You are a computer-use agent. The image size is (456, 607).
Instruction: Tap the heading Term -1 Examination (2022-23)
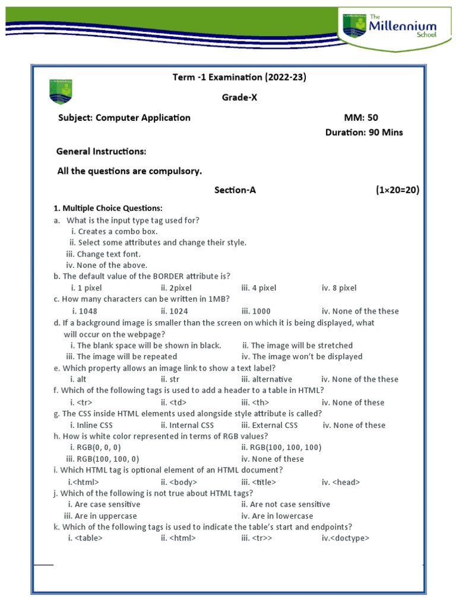(239, 77)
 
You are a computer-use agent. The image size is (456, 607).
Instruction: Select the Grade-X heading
(239, 98)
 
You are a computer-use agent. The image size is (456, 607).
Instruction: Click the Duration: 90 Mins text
(363, 132)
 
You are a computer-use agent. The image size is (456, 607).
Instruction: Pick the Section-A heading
(235, 190)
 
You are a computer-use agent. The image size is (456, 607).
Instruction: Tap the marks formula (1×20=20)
(397, 190)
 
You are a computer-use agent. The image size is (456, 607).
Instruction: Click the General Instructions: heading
(101, 152)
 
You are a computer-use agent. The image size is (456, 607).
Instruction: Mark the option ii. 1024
(175, 311)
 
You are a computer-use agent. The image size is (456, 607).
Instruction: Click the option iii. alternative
(267, 379)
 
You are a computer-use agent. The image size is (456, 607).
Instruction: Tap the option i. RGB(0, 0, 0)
(98, 447)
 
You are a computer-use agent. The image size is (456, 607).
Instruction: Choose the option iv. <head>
(341, 482)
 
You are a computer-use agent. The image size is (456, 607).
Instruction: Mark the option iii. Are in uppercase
(100, 516)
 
